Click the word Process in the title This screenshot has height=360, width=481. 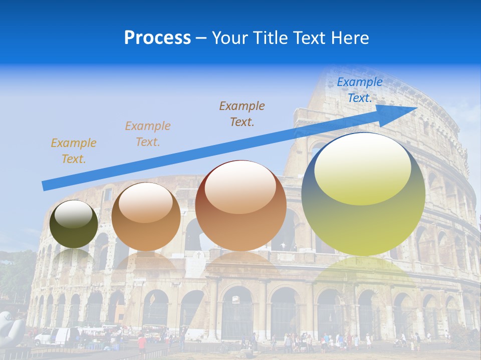point(157,38)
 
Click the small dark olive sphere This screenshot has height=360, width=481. point(74,224)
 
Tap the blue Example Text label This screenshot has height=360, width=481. point(359,90)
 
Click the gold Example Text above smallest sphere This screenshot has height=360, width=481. point(73,150)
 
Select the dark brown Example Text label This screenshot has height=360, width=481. point(242,113)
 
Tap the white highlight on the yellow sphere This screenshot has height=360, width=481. point(362,167)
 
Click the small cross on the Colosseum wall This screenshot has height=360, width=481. point(198,255)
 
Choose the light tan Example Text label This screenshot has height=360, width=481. point(148,133)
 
